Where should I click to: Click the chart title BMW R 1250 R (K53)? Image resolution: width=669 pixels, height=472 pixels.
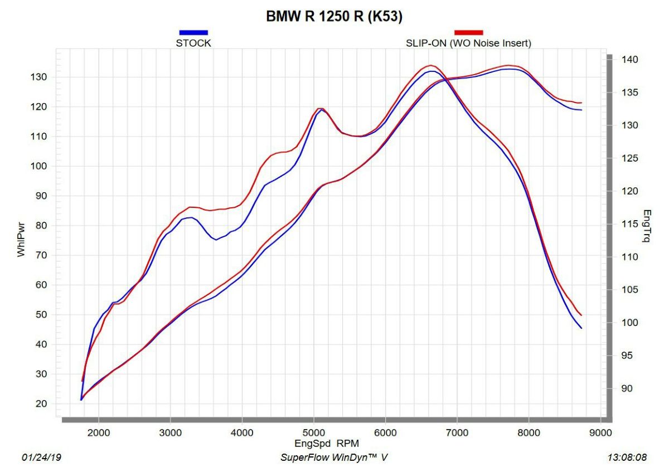[x=334, y=17]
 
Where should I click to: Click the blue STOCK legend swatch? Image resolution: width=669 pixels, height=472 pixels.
[x=193, y=32]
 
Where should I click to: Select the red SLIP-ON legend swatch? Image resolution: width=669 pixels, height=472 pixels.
[x=468, y=32]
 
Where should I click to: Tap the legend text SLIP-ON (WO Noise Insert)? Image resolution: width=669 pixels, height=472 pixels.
[x=468, y=43]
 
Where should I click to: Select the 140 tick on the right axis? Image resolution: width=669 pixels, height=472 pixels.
[x=631, y=60]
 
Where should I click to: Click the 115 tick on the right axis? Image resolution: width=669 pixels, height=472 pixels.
[x=631, y=224]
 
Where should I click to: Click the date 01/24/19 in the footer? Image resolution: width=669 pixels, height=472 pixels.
[x=42, y=458]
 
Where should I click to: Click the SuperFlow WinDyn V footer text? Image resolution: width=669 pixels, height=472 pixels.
[x=333, y=458]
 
